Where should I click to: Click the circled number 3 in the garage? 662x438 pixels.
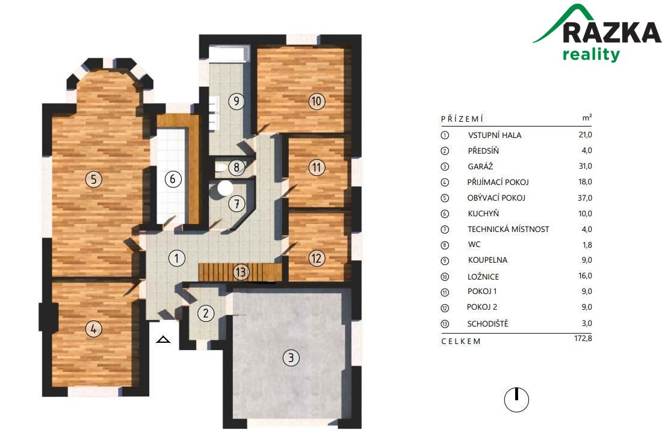pyautogui.click(x=291, y=358)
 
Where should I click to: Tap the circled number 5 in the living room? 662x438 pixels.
pyautogui.click(x=94, y=180)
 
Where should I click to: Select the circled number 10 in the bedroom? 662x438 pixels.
pyautogui.click(x=317, y=101)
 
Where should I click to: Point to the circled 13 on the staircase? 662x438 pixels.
pyautogui.click(x=241, y=272)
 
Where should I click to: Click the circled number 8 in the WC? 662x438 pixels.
pyautogui.click(x=237, y=167)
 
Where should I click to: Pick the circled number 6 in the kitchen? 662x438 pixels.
pyautogui.click(x=173, y=180)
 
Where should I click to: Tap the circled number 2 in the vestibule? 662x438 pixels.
pyautogui.click(x=206, y=313)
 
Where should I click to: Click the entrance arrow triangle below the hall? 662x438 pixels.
pyautogui.click(x=163, y=339)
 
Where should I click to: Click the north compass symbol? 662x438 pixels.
pyautogui.click(x=516, y=399)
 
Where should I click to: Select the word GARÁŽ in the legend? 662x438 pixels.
pyautogui.click(x=480, y=166)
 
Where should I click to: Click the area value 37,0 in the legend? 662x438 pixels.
pyautogui.click(x=585, y=198)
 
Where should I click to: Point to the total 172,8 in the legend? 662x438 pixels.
pyautogui.click(x=583, y=338)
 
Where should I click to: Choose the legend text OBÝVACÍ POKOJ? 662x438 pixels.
pyautogui.click(x=496, y=198)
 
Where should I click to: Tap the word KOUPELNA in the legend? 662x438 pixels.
pyautogui.click(x=487, y=260)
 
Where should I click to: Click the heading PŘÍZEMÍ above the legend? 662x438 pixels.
pyautogui.click(x=462, y=119)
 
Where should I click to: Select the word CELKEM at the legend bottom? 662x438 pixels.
pyautogui.click(x=460, y=341)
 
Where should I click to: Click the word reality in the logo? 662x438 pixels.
pyautogui.click(x=591, y=55)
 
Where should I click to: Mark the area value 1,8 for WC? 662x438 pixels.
pyautogui.click(x=587, y=245)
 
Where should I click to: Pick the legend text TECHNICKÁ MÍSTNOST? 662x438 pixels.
pyautogui.click(x=509, y=229)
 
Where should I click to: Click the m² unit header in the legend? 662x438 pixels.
pyautogui.click(x=587, y=118)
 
